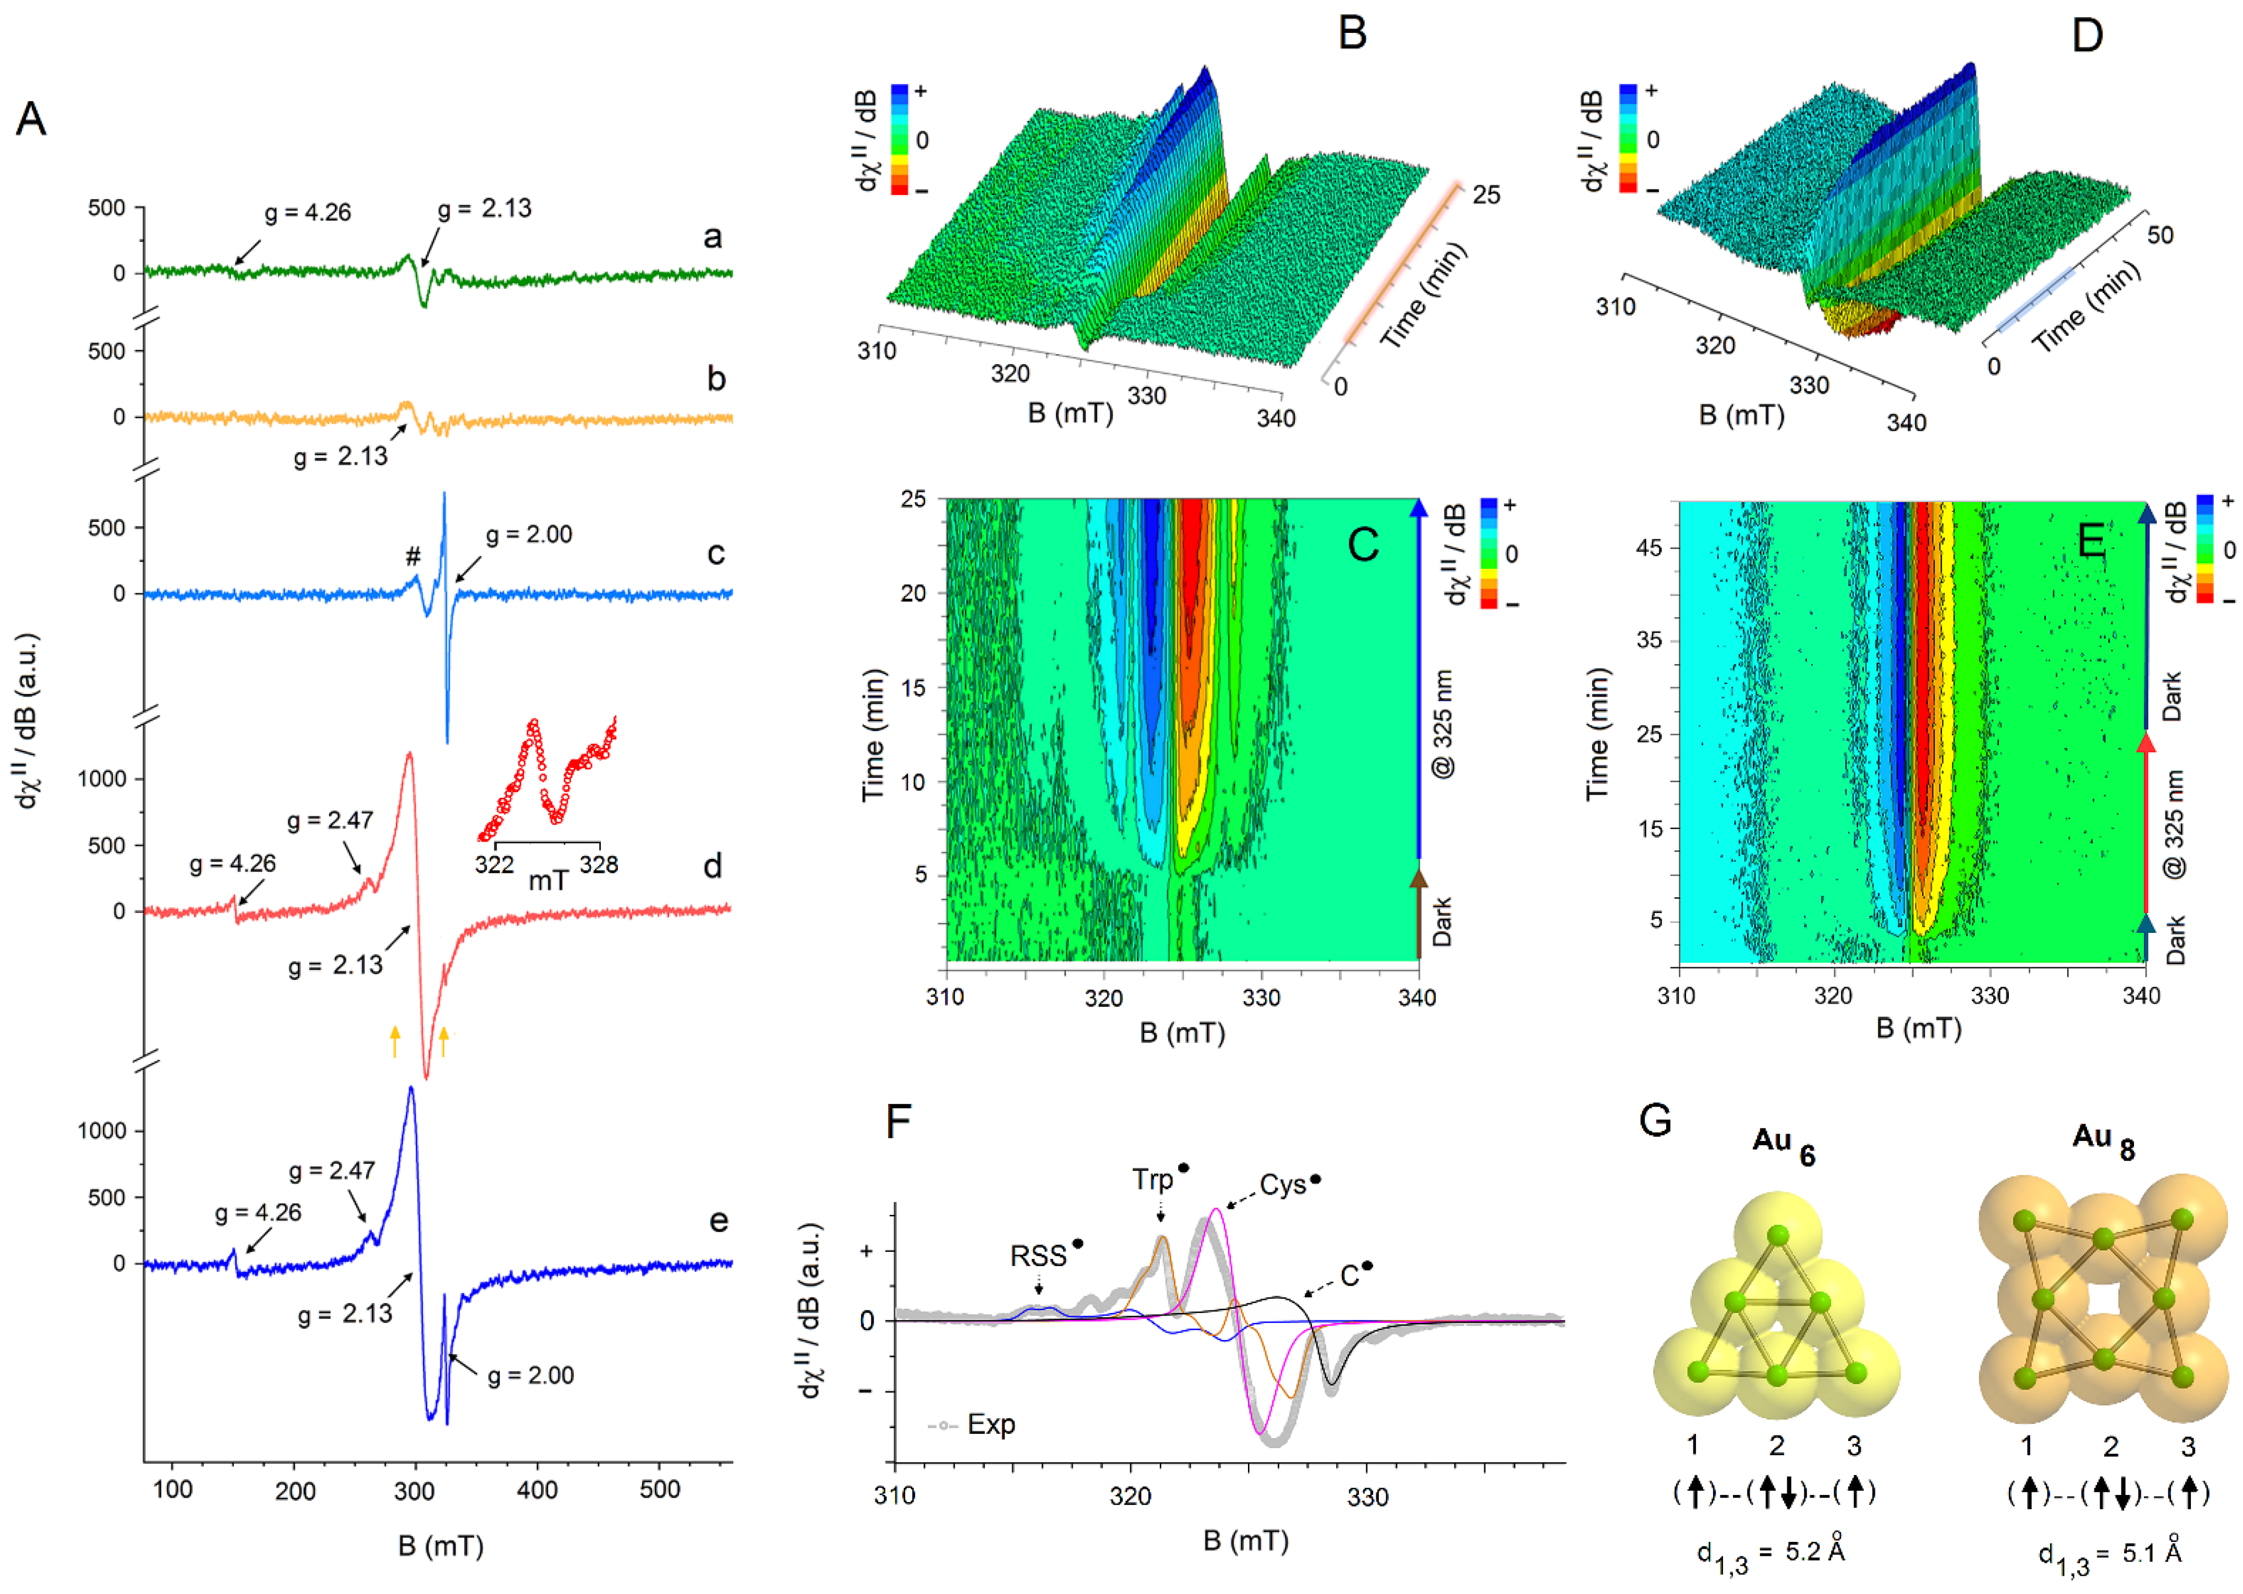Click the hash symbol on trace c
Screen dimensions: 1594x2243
coord(413,556)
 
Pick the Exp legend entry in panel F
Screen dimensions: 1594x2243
coord(990,1424)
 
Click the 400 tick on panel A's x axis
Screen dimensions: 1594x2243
coord(537,1490)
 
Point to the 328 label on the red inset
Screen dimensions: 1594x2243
coord(599,865)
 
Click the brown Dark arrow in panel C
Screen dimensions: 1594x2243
coord(1418,913)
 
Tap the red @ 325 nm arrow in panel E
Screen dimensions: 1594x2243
coord(2146,824)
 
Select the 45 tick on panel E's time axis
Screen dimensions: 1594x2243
coord(1649,547)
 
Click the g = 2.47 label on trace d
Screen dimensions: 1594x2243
coord(330,821)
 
